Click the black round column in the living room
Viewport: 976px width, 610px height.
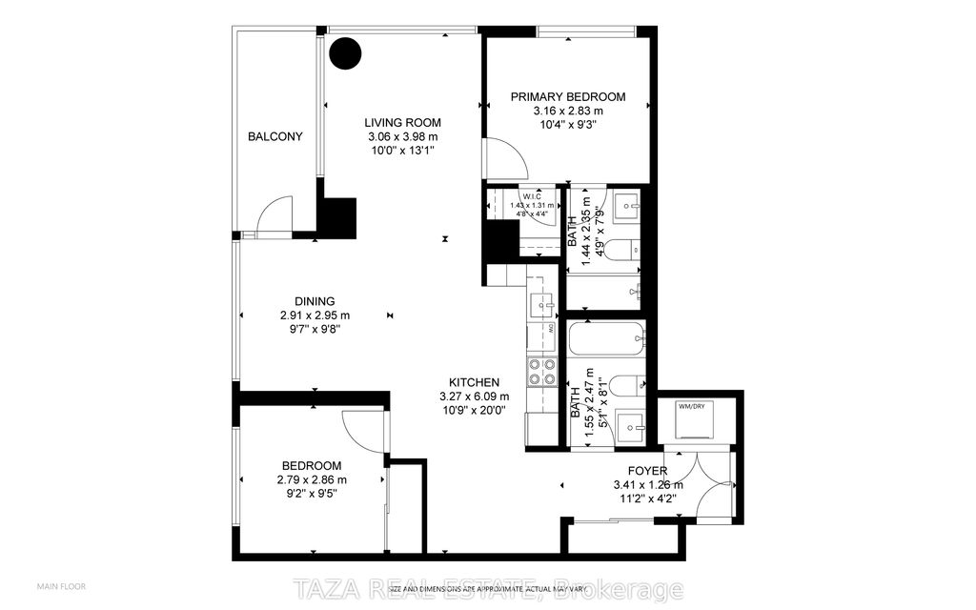(346, 52)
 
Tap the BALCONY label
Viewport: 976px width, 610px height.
(275, 136)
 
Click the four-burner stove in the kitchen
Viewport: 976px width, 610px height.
(542, 371)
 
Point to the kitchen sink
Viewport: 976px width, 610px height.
(541, 304)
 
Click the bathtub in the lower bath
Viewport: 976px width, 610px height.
(606, 337)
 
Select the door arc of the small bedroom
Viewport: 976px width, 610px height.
(364, 429)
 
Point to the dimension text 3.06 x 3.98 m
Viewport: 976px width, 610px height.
(402, 137)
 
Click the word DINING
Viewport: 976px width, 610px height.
(314, 300)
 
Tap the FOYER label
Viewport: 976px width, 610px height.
(646, 471)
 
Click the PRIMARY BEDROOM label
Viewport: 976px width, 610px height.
(567, 96)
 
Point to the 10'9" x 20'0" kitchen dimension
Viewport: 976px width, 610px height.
(474, 411)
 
